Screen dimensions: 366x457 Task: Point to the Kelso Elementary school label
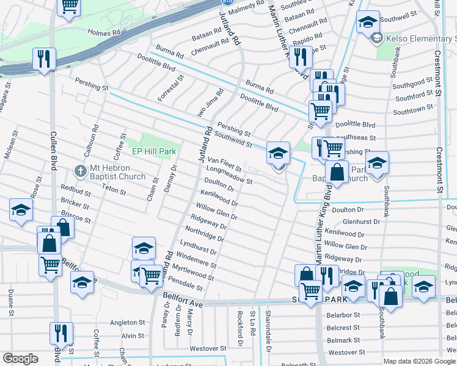point(421,39)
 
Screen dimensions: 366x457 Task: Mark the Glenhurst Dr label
point(362,222)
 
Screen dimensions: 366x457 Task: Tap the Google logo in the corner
point(20,359)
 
